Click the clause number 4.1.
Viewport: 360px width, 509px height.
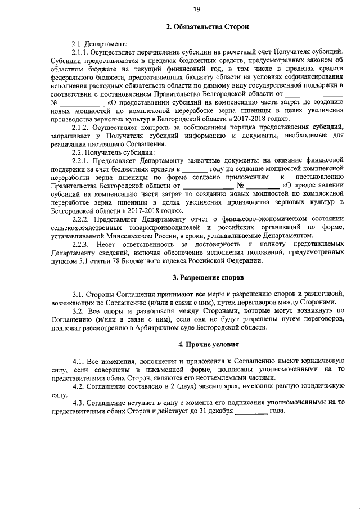79,360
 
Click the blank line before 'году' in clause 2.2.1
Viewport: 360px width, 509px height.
195,168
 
